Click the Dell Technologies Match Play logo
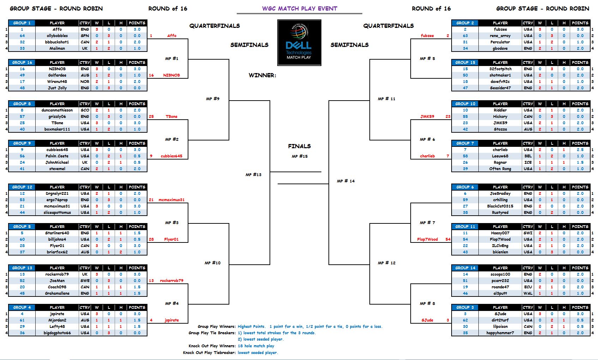tap(299, 43)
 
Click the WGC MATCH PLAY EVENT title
tap(300, 8)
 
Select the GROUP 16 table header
tap(22, 62)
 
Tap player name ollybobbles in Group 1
tap(57, 36)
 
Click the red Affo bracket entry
tap(172, 36)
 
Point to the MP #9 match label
tap(213, 99)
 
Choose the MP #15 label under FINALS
tap(300, 156)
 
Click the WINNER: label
tap(262, 75)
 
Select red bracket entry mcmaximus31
tap(171, 200)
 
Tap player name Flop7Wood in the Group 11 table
tap(500, 239)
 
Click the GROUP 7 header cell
tap(465, 143)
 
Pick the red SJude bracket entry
tap(427, 320)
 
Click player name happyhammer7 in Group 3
tap(500, 333)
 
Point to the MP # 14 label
tap(346, 181)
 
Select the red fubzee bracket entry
tap(427, 36)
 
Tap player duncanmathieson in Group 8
tap(57, 110)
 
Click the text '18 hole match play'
tap(256, 346)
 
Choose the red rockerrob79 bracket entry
tap(171, 281)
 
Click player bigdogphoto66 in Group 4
tap(57, 333)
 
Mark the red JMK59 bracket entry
tap(427, 116)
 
